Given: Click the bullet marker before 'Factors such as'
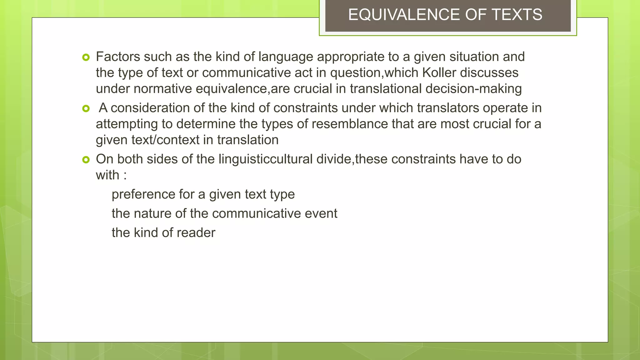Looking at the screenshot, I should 86,57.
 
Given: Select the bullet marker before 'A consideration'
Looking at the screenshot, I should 86,108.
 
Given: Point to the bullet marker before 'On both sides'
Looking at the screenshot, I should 86,160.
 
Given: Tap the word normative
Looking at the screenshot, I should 162,88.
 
